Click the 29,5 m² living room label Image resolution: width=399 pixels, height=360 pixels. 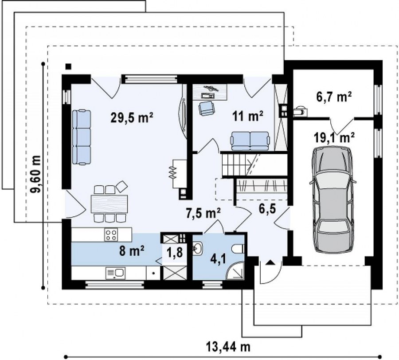pyautogui.click(x=132, y=118)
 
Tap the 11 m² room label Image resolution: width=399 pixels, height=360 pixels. pyautogui.click(x=247, y=117)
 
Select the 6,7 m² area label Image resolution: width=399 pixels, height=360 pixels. pyautogui.click(x=334, y=97)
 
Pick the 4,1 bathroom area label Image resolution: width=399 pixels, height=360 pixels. pyautogui.click(x=218, y=260)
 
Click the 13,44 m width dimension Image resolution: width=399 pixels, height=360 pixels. pyautogui.click(x=228, y=346)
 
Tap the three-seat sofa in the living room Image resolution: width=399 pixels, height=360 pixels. pyautogui.click(x=82, y=137)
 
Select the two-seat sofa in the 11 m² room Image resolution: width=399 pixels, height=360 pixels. pyautogui.click(x=250, y=141)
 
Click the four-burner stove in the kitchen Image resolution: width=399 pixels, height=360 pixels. pyautogui.click(x=111, y=235)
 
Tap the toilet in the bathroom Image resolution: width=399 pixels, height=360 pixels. pyautogui.click(x=238, y=249)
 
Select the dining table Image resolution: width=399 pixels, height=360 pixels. pyautogui.click(x=110, y=203)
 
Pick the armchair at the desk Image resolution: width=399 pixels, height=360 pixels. pyautogui.click(x=207, y=108)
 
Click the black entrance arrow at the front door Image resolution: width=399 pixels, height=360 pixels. pyautogui.click(x=270, y=262)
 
